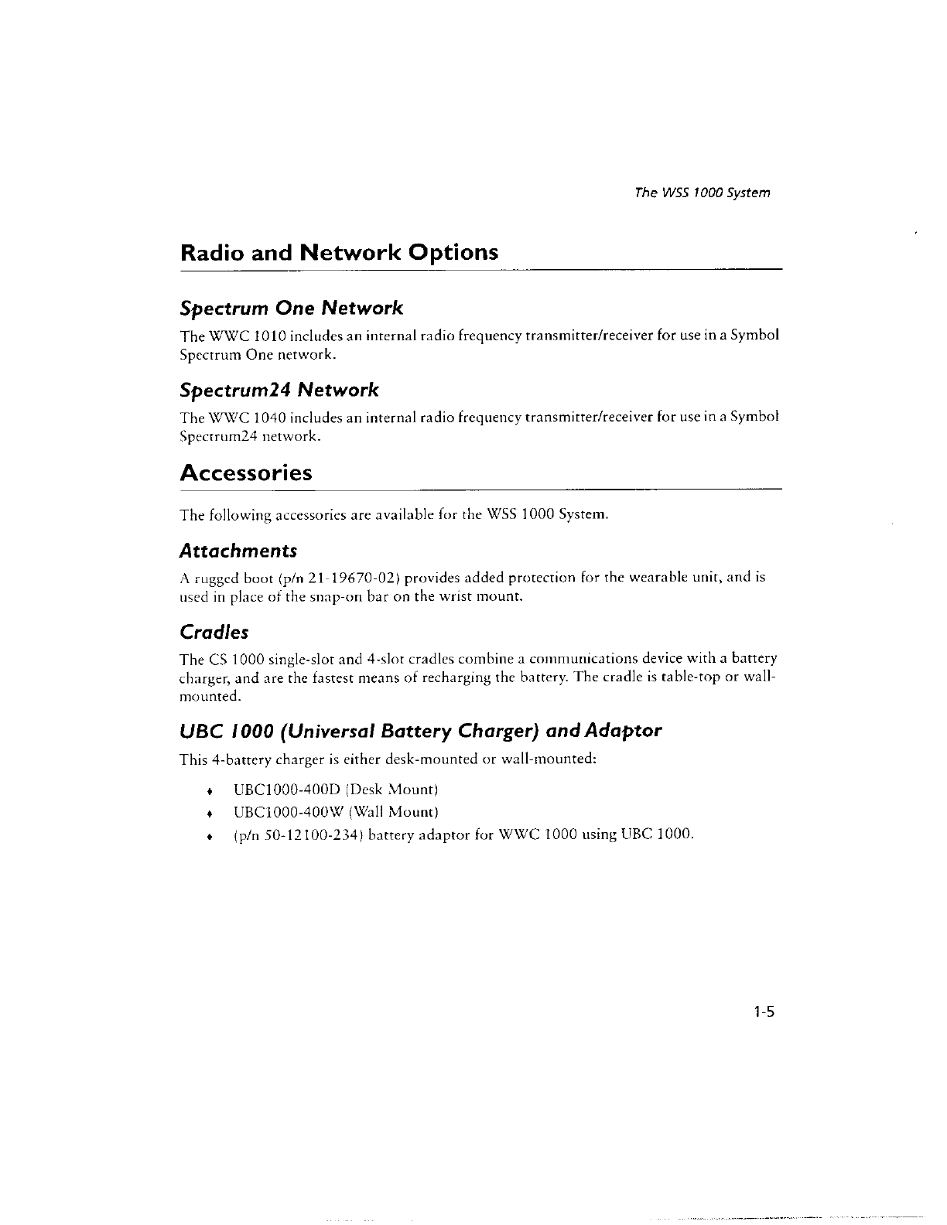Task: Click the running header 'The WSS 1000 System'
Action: [701, 193]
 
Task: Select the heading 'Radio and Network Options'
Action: [339, 253]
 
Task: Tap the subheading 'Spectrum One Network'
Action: [291, 309]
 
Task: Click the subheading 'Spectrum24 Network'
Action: [279, 389]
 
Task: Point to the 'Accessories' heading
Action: [246, 473]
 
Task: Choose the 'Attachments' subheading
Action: [238, 551]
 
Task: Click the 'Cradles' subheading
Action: [214, 633]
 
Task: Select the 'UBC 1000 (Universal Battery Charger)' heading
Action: [420, 731]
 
